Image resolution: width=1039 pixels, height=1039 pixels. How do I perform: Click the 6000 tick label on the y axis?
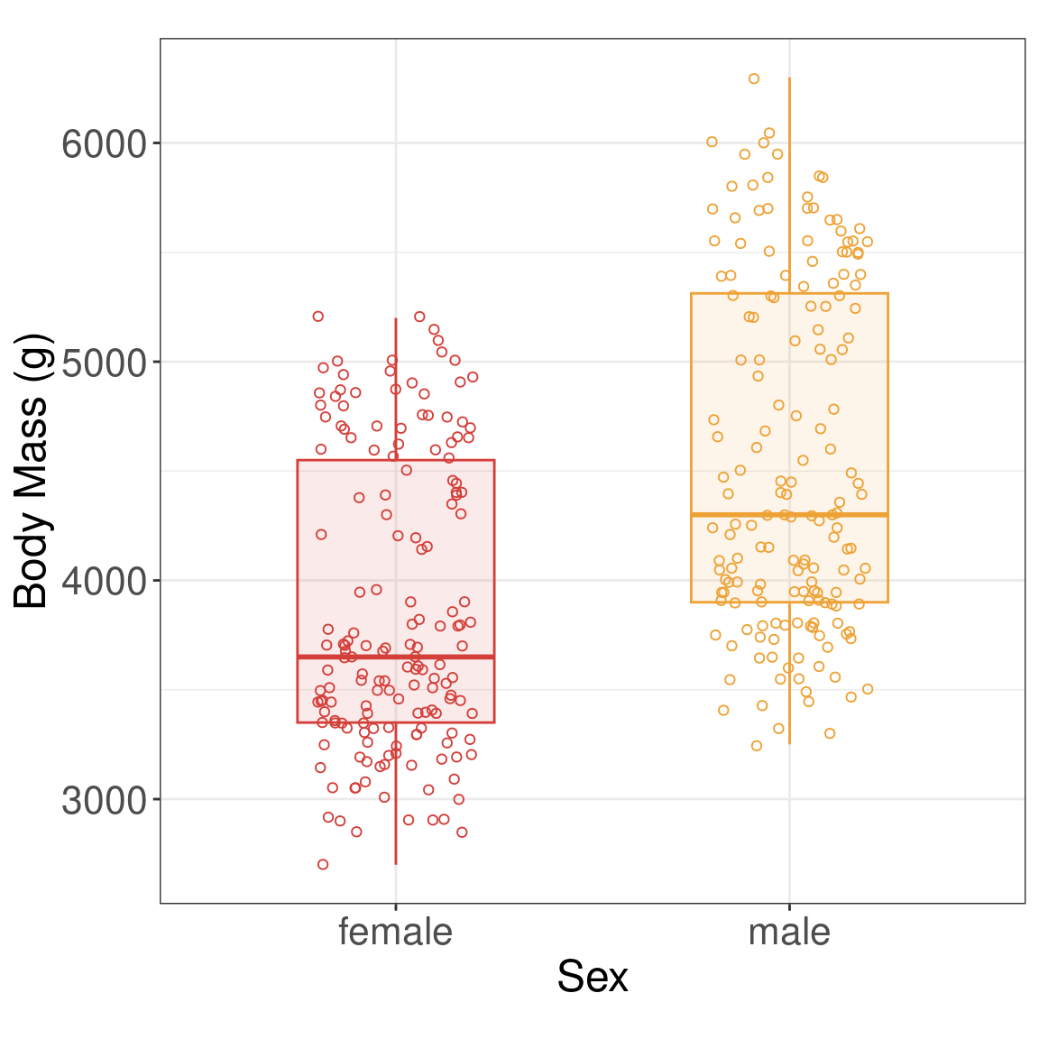click(104, 144)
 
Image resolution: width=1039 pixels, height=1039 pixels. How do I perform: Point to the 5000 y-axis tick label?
click(104, 363)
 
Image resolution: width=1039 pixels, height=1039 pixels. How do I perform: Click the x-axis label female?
click(395, 932)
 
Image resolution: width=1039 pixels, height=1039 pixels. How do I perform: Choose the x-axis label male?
click(789, 932)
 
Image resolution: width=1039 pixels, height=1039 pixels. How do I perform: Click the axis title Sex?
click(592, 976)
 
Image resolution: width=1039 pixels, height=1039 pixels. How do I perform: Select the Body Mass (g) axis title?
click(32, 471)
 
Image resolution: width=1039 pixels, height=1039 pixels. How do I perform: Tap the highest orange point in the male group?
click(754, 78)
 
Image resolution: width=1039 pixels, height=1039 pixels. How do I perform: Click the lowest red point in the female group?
click(323, 864)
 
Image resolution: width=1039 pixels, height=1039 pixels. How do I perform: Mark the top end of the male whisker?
click(789, 78)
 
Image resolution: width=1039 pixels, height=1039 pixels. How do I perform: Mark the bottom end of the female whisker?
click(395, 863)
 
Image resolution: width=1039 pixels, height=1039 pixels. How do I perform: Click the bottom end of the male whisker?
click(789, 743)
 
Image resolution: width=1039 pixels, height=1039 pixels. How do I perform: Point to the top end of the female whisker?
click(395, 318)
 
